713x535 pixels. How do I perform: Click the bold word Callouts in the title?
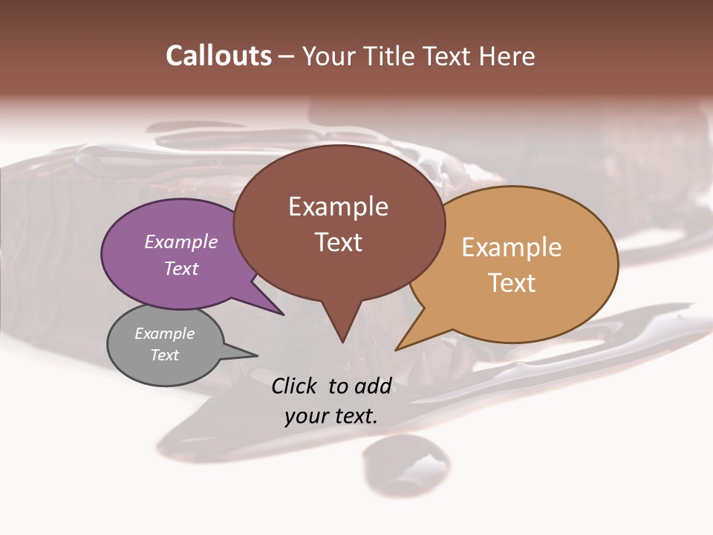218,56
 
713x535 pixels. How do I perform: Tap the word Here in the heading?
507,56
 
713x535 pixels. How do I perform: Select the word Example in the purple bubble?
181,241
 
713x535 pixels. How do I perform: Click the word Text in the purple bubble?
181,268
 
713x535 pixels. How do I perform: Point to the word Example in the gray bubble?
164,334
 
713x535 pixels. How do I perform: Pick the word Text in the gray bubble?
164,355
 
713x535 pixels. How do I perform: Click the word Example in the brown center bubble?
338,206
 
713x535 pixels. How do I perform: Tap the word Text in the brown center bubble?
339,241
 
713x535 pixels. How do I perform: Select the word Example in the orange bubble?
512,247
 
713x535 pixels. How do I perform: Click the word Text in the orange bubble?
512,282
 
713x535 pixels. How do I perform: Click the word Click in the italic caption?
295,386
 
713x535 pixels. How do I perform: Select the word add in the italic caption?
373,386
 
